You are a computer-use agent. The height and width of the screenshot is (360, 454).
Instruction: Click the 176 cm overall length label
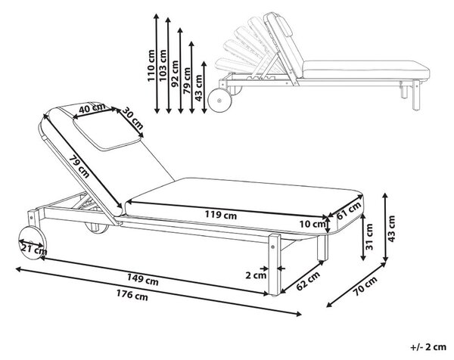coord(132,296)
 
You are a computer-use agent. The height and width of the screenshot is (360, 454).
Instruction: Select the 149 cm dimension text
coord(143,279)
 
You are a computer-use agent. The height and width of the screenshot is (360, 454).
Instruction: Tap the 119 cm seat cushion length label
coord(221,215)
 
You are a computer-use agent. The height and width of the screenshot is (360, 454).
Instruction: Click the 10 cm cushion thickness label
coord(312,224)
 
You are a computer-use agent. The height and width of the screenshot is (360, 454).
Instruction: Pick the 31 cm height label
coord(369,237)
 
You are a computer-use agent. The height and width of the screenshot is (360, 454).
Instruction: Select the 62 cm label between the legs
coord(309,281)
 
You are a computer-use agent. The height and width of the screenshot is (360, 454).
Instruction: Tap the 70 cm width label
coord(365,286)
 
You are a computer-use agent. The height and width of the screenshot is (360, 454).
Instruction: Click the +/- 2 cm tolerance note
coord(428,347)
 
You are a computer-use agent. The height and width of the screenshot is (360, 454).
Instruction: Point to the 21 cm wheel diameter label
coord(33,248)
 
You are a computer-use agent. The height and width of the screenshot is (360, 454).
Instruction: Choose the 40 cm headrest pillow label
coord(92,108)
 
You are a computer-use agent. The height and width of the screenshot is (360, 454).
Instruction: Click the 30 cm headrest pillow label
coord(132,118)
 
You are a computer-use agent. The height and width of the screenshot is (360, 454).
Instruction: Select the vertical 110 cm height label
coord(151,66)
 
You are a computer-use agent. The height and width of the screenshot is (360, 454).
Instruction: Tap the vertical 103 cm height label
coord(163,66)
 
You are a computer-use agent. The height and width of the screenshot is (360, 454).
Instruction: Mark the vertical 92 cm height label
coord(175,74)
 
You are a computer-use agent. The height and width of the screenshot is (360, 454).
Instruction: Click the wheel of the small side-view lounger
coord(219,100)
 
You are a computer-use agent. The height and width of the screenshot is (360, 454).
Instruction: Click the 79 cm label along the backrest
coord(79,166)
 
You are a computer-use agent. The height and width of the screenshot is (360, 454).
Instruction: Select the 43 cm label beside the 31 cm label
coord(391,228)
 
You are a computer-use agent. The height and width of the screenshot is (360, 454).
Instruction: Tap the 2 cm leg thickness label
coord(256,275)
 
